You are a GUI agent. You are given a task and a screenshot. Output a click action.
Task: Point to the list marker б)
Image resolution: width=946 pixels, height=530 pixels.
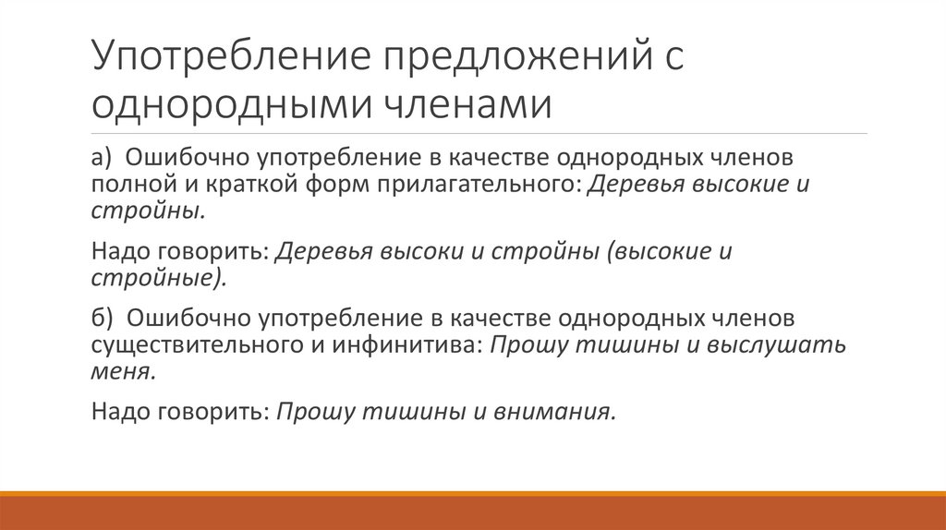[x=102, y=318]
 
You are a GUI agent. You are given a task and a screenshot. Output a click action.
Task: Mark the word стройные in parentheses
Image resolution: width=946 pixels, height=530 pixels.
[x=155, y=276]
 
